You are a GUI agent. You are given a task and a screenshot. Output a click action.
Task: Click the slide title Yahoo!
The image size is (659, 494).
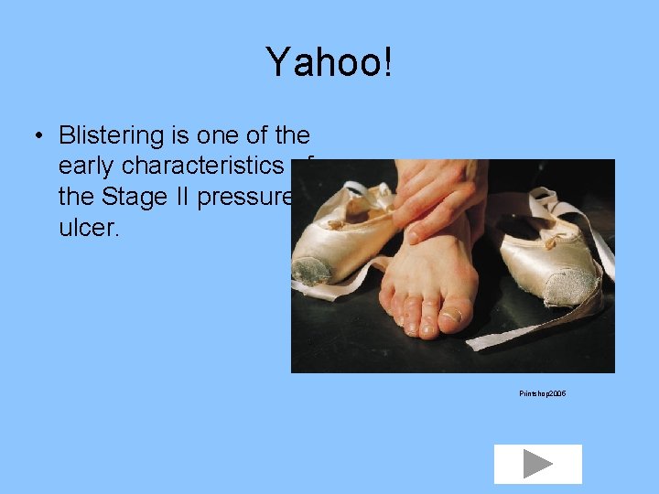click(329, 62)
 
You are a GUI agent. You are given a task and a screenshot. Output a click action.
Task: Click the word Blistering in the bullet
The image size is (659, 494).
click(110, 136)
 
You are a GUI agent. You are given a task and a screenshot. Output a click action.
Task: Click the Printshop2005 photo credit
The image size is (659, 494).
click(542, 392)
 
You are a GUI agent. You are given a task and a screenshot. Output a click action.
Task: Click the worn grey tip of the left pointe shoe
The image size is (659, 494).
click(311, 271)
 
